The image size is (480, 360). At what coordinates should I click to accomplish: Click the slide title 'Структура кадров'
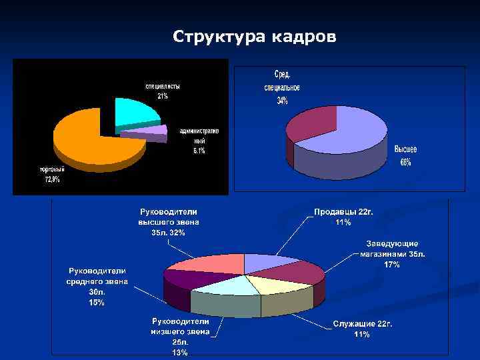[x=254, y=36]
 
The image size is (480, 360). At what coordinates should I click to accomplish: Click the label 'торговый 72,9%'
[x=48, y=175]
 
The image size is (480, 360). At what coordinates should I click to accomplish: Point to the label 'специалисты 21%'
[x=163, y=91]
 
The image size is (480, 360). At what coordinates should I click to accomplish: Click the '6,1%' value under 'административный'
[x=199, y=151]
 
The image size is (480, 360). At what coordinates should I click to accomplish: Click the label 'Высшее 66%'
[x=406, y=156]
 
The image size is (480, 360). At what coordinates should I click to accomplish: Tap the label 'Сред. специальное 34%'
[x=282, y=87]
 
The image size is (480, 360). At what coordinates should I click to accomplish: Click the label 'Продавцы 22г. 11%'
[x=343, y=217]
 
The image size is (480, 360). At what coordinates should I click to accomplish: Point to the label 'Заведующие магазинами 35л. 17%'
[x=393, y=254]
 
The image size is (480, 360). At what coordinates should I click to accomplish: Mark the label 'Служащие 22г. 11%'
[x=363, y=328]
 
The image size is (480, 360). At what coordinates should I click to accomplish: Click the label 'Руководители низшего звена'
[x=180, y=325]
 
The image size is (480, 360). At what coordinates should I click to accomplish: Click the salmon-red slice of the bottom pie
[x=207, y=263]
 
